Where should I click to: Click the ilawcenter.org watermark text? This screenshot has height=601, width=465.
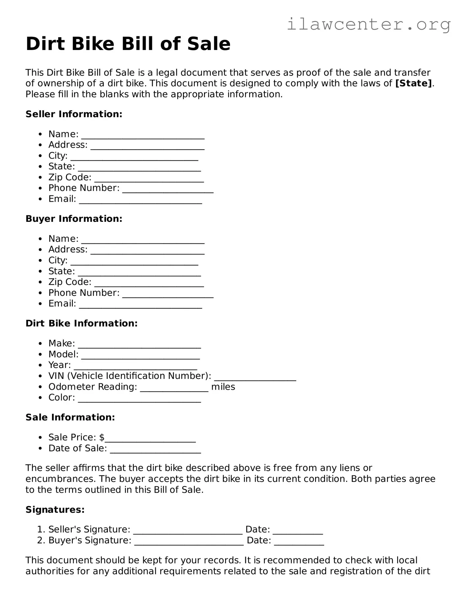368,24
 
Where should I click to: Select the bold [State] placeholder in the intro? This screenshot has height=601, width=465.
414,83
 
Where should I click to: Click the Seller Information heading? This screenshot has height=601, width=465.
74,114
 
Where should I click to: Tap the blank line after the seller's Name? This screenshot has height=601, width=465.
143,135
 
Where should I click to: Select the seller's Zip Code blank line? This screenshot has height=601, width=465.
149,178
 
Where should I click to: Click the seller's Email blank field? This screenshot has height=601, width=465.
140,200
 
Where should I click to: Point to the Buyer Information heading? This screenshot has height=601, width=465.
74,219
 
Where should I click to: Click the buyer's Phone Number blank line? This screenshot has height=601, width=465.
168,294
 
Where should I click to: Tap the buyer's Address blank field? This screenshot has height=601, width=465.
147,250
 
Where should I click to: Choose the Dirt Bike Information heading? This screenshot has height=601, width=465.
81,324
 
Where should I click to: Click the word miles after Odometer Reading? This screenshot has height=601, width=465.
223,387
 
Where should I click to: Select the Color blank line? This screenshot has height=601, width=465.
139,398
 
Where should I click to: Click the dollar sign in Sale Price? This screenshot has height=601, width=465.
102,437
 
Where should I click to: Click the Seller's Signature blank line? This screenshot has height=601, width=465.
188,530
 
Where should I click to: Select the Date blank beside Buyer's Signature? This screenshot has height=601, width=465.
299,541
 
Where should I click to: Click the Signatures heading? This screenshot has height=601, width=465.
55,510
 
